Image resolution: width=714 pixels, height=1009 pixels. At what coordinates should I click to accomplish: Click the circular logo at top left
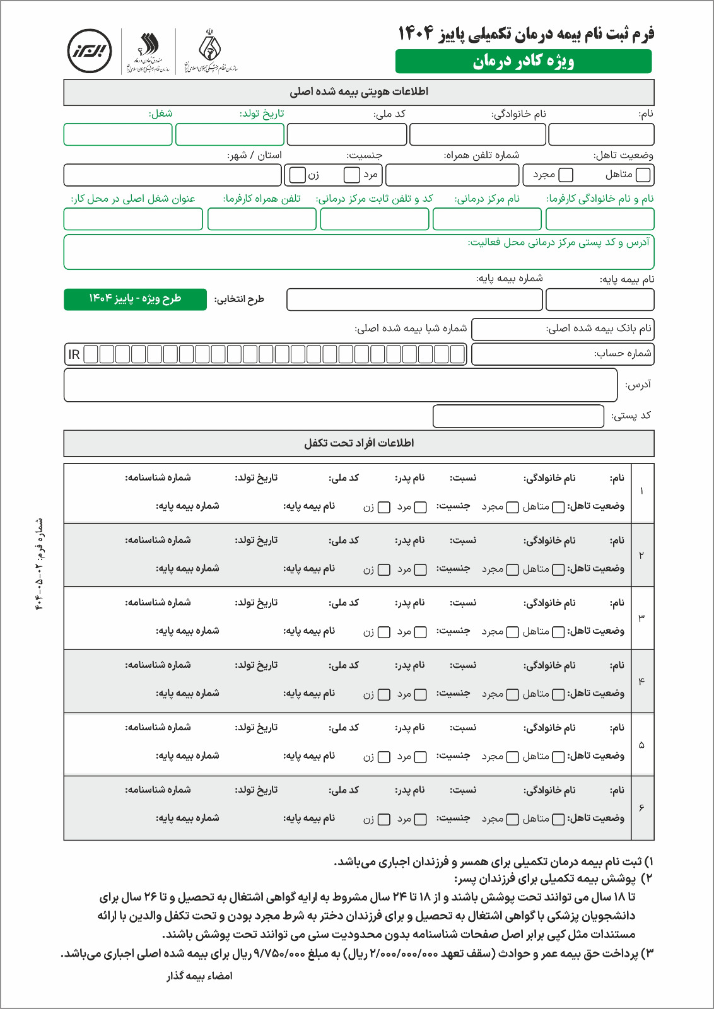tap(90, 51)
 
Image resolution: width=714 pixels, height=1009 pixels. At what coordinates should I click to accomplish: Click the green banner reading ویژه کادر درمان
tap(524, 61)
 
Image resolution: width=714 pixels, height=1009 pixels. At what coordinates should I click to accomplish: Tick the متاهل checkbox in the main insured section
tap(643, 175)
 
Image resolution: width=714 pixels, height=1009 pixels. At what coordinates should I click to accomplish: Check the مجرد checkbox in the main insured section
tap(566, 175)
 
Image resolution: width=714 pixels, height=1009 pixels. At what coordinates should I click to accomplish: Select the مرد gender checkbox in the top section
tap(352, 175)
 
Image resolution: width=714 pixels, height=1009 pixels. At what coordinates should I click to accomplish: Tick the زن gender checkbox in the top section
tap(298, 175)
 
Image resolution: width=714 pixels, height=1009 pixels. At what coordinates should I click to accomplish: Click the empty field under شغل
tap(118, 134)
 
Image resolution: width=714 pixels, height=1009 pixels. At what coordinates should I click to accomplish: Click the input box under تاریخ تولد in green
tap(230, 134)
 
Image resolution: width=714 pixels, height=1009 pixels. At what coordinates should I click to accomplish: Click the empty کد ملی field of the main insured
tap(347, 134)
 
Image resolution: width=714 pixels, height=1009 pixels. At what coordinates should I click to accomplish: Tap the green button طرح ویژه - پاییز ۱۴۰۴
tap(135, 299)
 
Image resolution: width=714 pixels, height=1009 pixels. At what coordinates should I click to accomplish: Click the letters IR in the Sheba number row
tap(74, 354)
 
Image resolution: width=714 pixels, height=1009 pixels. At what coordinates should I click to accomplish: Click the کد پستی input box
tap(518, 416)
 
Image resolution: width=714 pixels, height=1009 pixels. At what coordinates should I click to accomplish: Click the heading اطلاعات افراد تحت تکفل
tap(359, 443)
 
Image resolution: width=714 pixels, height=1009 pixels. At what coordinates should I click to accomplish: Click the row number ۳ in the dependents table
tap(641, 618)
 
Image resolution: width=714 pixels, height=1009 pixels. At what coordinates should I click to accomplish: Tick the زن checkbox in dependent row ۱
tap(383, 507)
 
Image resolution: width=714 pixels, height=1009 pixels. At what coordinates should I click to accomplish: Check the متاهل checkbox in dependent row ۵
tap(558, 757)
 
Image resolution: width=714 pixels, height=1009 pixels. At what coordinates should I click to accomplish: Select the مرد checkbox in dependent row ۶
tap(420, 819)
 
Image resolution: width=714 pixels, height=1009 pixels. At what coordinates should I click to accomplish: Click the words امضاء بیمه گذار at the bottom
tap(199, 976)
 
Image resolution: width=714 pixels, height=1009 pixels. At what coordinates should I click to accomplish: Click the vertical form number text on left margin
tap(40, 565)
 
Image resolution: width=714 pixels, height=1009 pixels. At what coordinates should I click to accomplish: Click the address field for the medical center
tap(359, 252)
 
